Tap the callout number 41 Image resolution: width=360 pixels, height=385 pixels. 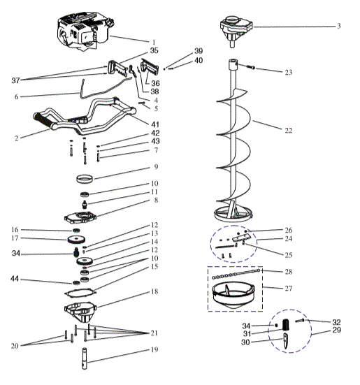155,123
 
